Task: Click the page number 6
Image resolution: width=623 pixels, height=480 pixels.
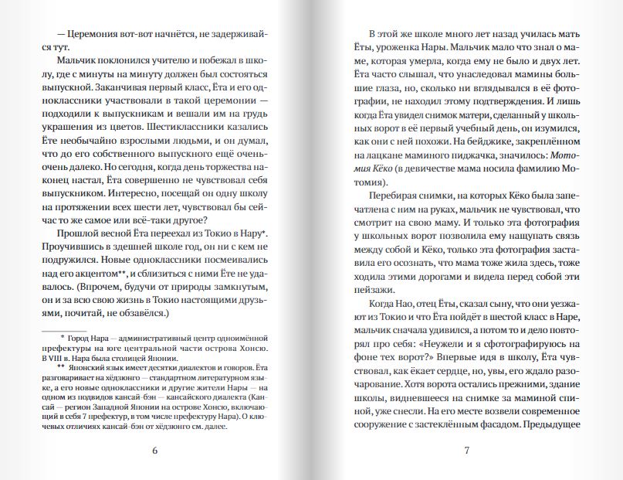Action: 155,451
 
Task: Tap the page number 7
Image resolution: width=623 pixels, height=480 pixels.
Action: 466,451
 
